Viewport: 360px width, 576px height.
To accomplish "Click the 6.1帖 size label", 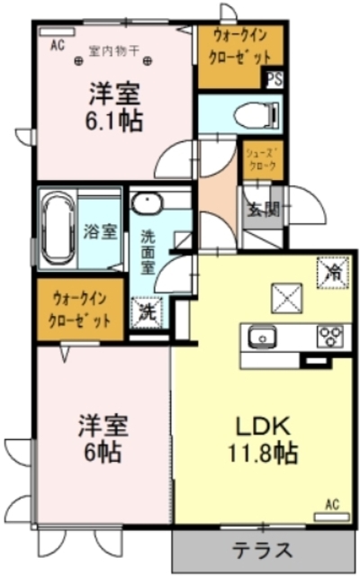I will click(115, 121).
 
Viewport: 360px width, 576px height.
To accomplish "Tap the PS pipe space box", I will click(273, 78).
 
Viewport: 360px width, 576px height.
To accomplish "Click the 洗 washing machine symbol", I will click(144, 312).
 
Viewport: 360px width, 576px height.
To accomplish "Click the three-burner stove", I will click(329, 335).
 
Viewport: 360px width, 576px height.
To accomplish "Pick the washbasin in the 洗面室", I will click(147, 203).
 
